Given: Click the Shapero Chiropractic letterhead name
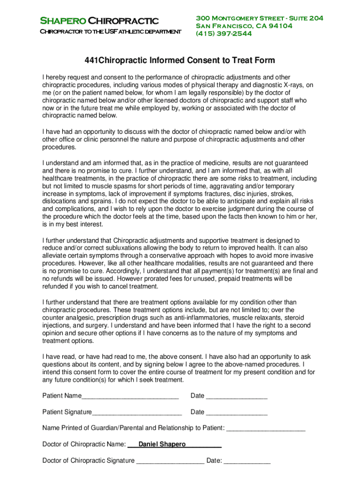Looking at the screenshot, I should pyautogui.click(x=99, y=21).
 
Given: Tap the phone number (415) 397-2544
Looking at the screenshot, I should pyautogui.click(x=224, y=34).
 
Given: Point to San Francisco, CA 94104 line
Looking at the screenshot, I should pyautogui.click(x=244, y=26).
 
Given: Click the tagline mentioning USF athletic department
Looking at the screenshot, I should pyautogui.click(x=110, y=32).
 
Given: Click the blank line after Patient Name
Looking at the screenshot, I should pyautogui.click(x=130, y=397).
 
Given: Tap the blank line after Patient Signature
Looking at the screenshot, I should pyautogui.click(x=137, y=413).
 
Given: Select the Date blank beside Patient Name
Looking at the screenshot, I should pyautogui.click(x=237, y=397).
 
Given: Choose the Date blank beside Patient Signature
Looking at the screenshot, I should pyautogui.click(x=237, y=413).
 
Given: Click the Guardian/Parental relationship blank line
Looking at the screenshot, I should pyautogui.click(x=266, y=429).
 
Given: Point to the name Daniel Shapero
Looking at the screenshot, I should pyautogui.click(x=162, y=444).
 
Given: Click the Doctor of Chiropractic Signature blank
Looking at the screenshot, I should pyautogui.click(x=170, y=462).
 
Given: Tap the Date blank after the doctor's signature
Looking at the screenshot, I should pyautogui.click(x=247, y=462).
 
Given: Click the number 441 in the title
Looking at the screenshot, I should pyautogui.click(x=91, y=60).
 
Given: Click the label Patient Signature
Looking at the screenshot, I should pyautogui.click(x=67, y=412).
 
